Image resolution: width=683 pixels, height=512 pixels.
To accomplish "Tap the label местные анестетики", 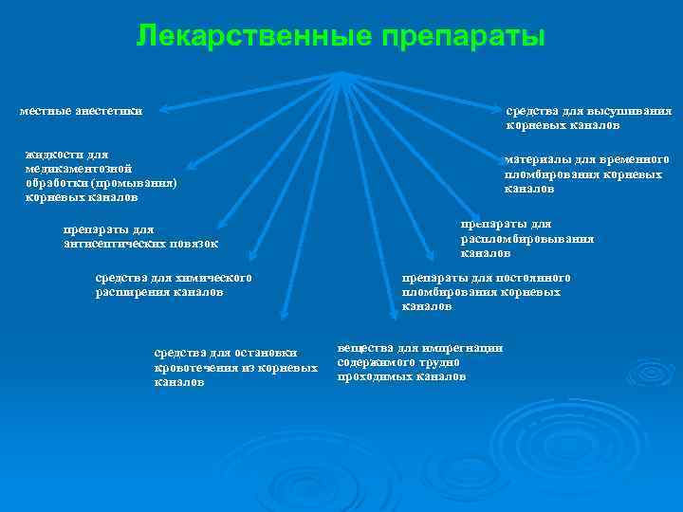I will [x=82, y=111].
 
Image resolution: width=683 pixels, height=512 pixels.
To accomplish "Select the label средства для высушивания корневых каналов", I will [x=588, y=118].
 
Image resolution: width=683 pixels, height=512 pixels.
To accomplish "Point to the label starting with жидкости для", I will [x=101, y=175].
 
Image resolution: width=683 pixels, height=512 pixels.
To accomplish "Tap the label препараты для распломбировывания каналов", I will [x=526, y=239].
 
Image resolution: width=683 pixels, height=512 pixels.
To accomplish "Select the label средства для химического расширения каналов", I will [x=174, y=285].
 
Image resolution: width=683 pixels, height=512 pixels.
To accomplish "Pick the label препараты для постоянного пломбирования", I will [x=486, y=292].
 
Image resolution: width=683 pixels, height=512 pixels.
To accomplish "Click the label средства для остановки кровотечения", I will [x=234, y=367].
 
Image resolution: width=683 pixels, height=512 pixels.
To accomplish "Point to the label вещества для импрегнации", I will [x=418, y=362].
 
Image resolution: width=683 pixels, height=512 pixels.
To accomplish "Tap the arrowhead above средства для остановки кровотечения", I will [x=284, y=315].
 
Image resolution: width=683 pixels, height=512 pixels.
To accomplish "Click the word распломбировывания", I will [x=526, y=239].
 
